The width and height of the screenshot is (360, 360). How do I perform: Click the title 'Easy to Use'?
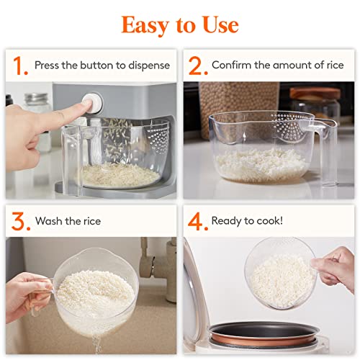179,24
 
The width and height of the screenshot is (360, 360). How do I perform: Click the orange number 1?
19,66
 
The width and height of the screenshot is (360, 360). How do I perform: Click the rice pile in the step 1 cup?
119,174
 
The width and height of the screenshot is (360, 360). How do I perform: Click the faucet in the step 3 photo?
162,270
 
